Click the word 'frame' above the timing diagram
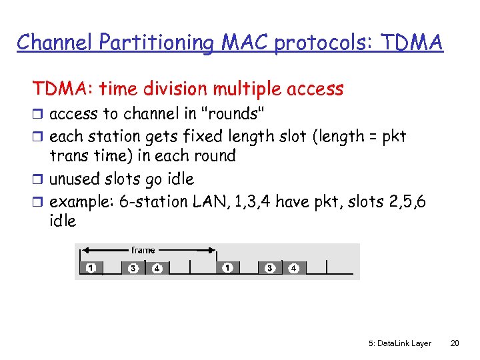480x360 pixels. (143, 250)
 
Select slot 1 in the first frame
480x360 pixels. (90, 268)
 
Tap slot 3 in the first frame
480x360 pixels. (133, 268)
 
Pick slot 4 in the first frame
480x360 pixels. (156, 268)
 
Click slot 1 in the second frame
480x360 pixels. (228, 268)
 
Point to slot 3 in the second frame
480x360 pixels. (270, 268)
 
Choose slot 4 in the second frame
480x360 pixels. (293, 268)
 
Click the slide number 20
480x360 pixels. (455, 343)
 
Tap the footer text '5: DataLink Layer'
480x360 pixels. (399, 343)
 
